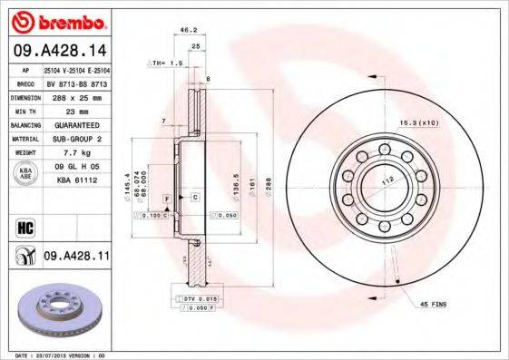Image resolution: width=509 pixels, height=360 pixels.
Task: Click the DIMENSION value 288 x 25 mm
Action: click(75, 95)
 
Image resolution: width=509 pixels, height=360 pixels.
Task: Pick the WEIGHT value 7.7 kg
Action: click(75, 154)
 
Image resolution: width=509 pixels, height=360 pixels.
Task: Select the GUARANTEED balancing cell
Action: click(75, 124)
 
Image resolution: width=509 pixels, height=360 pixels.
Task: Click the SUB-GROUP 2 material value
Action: click(75, 139)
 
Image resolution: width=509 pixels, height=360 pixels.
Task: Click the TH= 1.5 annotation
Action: click(166, 64)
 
